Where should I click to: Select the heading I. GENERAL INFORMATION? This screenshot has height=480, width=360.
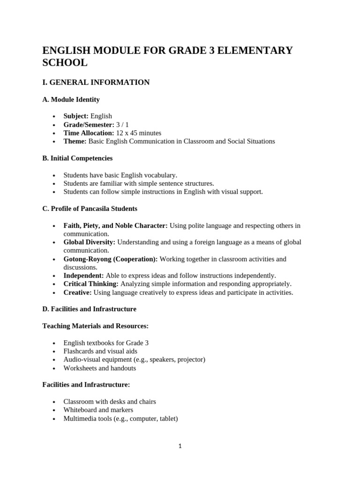[96, 82]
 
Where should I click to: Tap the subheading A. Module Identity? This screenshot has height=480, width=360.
[71, 99]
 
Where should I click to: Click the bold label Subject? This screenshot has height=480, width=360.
[76, 116]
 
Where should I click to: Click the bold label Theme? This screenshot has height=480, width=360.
[75, 141]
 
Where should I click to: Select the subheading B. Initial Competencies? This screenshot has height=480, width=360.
[77, 158]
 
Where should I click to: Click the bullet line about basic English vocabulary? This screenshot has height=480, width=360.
[120, 175]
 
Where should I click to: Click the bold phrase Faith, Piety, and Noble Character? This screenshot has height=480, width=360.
[115, 225]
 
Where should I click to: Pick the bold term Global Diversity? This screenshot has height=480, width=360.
[90, 242]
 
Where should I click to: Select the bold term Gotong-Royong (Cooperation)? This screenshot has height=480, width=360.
[111, 259]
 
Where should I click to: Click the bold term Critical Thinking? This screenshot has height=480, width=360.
[91, 284]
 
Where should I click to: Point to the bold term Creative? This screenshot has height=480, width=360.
[78, 292]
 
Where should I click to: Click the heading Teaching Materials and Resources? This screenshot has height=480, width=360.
[96, 326]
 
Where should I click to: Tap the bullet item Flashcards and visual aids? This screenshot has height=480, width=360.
[100, 351]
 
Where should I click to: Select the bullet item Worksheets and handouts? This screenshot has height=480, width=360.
[99, 368]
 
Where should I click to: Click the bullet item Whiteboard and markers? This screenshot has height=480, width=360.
[98, 410]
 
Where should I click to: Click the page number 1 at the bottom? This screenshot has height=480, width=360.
[180, 446]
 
